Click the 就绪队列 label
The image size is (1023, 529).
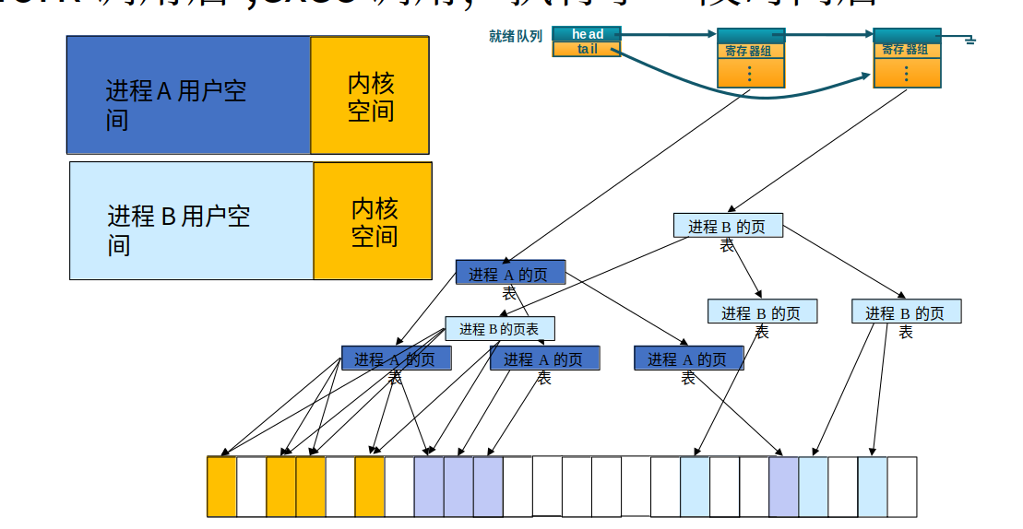click(x=516, y=37)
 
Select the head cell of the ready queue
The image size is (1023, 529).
click(x=587, y=34)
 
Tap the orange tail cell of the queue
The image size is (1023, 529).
click(x=587, y=49)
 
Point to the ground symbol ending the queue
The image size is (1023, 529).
click(x=969, y=40)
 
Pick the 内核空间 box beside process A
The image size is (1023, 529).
click(x=370, y=95)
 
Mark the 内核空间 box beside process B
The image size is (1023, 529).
click(x=373, y=221)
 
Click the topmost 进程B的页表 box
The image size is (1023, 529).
click(x=727, y=226)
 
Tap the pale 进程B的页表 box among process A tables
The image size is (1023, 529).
click(x=499, y=328)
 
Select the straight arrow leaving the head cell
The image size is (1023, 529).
click(x=669, y=35)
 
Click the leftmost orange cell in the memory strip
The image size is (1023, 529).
click(x=221, y=487)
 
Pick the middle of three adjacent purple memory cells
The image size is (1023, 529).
click(x=458, y=487)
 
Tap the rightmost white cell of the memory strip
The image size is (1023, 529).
click(x=902, y=487)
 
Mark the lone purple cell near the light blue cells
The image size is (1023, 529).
click(x=783, y=487)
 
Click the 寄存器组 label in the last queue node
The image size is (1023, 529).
click(x=906, y=50)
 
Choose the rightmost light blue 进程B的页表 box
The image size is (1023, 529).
click(x=906, y=312)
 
